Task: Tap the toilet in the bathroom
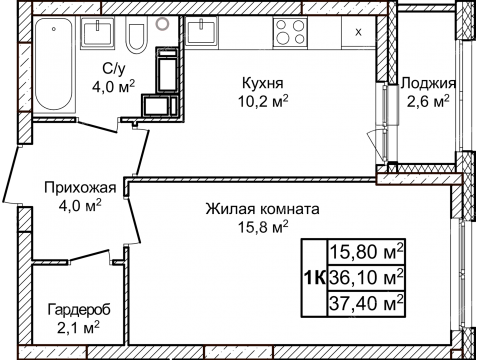[138, 38]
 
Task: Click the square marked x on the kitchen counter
[357, 31]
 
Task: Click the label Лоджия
[426, 83]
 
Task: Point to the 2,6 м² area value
[426, 101]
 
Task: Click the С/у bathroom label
[113, 69]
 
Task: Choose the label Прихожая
[80, 187]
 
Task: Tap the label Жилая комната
[262, 210]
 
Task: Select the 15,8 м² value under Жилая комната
[262, 228]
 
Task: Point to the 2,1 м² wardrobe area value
[75, 326]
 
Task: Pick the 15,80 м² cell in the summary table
[366, 251]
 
